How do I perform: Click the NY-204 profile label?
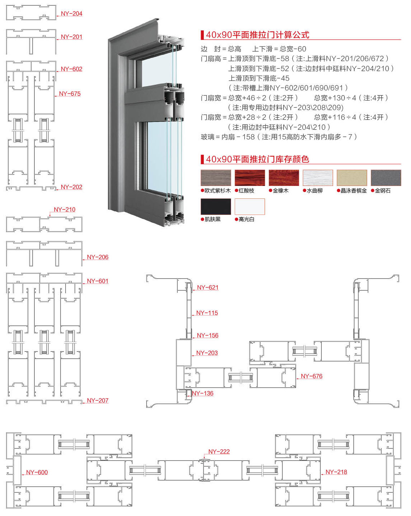pos(71,14)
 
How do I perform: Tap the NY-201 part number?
pos(71,37)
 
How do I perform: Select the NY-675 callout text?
pos(70,94)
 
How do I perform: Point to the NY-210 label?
pos(64,210)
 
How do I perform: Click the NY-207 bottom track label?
pos(97,400)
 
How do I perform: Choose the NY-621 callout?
pos(208,288)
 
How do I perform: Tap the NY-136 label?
pos(202,393)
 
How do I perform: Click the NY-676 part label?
pos(311,376)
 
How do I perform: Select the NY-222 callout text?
pos(219,452)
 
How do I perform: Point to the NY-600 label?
pos(37,472)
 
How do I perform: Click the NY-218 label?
pos(336,472)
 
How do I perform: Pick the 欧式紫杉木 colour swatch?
pos(216,178)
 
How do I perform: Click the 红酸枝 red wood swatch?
pos(250,178)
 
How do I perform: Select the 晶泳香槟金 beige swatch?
pos(352,178)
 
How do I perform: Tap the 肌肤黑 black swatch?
pos(216,206)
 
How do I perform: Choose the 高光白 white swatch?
pos(250,206)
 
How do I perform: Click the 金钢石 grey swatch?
pos(386,178)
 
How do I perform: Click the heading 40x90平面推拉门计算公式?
pos(257,35)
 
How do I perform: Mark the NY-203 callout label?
pos(207,353)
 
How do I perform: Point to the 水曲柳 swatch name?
pos(315,191)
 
